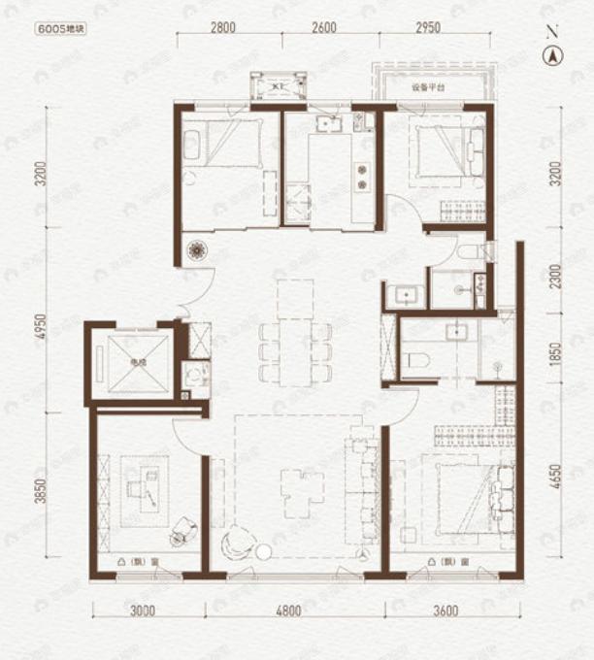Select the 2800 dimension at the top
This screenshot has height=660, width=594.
point(222,27)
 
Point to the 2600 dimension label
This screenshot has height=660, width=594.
point(324,27)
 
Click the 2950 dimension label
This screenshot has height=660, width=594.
point(427,27)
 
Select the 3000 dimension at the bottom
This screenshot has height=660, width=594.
point(143,610)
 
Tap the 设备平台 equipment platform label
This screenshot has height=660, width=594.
point(427,87)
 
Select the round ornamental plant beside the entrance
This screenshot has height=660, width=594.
point(197,250)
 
